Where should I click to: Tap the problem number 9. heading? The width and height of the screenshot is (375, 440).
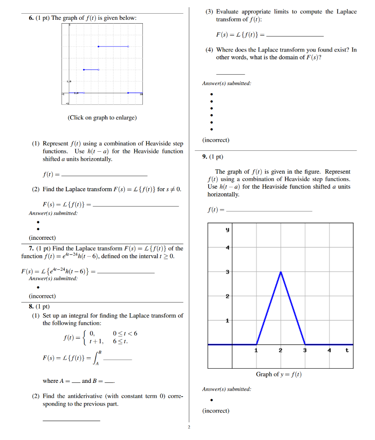tap(206, 157)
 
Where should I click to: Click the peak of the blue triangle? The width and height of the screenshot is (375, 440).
tap(280, 272)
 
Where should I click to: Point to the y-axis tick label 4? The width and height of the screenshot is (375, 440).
tap(228, 247)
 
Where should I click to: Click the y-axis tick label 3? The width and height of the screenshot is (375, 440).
tap(228, 272)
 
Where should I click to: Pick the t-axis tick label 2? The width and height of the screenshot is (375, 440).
tap(280, 350)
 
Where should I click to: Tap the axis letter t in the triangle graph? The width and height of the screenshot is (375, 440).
tap(347, 350)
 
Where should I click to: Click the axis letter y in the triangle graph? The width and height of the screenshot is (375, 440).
tap(228, 230)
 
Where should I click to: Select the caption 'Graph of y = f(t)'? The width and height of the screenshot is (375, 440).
tap(279, 374)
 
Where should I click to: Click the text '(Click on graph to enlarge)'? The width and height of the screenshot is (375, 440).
tap(102, 117)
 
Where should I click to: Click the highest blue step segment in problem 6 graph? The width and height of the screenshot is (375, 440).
tap(113, 46)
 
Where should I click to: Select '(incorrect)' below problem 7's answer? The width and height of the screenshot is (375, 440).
tap(42, 296)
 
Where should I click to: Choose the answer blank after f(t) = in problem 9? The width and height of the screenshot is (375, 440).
tap(269, 211)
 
